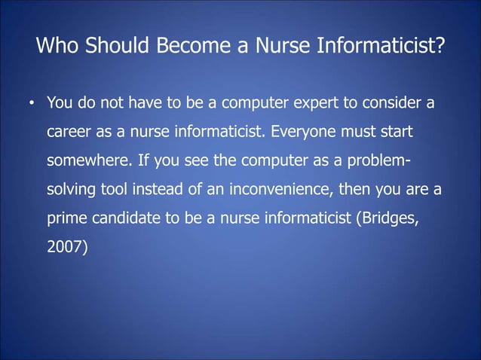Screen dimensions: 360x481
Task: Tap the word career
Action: coord(69,133)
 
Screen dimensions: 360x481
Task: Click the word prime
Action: coord(66,221)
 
